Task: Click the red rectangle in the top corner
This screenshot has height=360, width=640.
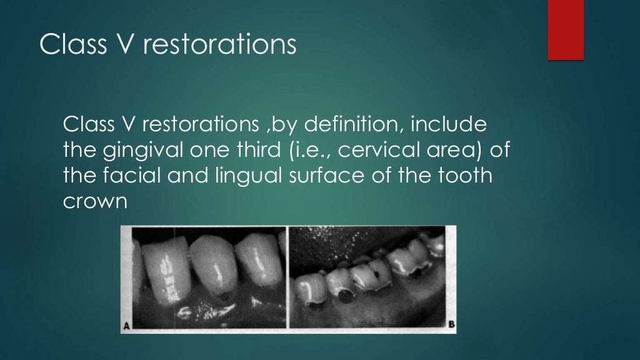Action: (566, 29)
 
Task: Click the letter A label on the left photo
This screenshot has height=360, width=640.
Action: (126, 325)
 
